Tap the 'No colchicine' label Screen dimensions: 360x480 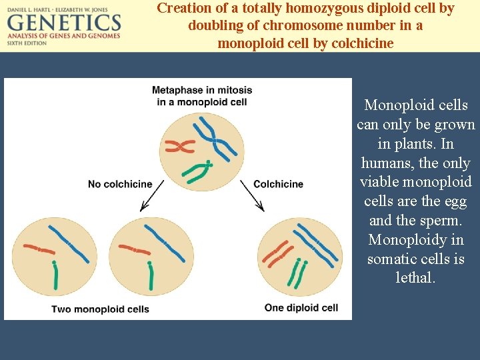(x=120, y=184)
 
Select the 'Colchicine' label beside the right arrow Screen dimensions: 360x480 (x=278, y=184)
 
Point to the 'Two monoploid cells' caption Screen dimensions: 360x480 (x=100, y=309)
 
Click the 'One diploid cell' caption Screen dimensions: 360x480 (x=301, y=307)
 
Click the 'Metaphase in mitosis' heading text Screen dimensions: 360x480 (x=199, y=90)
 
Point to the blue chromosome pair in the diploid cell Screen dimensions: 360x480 (x=316, y=243)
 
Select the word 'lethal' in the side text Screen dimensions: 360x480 (x=415, y=277)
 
